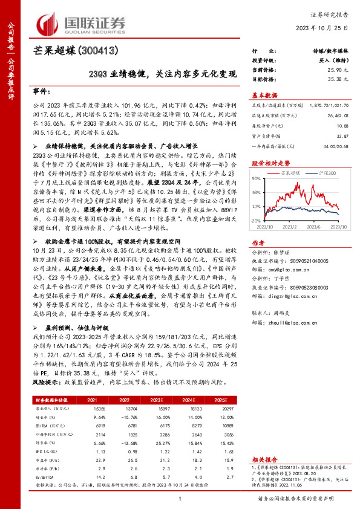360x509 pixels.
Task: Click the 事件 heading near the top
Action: (x=42, y=90)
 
